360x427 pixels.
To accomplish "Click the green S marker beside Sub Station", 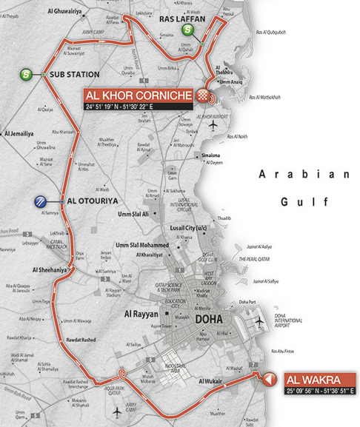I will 27,74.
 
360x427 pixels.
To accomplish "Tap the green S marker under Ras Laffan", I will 189,30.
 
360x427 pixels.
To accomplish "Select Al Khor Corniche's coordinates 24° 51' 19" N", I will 110,107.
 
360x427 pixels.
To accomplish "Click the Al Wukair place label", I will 211,381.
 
